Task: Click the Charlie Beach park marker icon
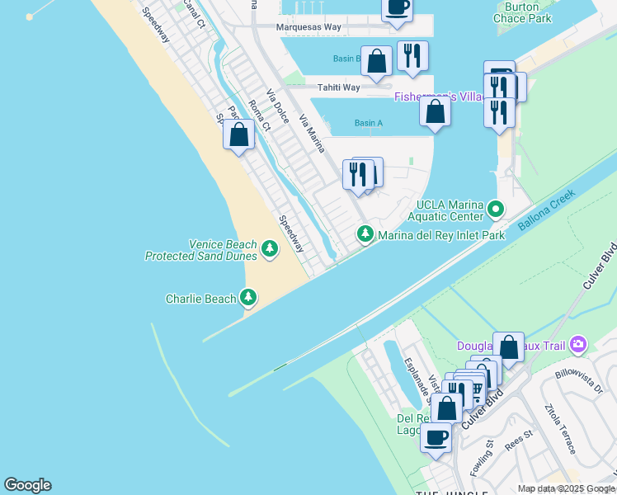tap(248, 297)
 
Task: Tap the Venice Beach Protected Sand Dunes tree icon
tap(269, 247)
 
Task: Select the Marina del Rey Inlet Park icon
tap(365, 235)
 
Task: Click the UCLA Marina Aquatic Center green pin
tap(495, 209)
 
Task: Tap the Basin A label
tap(368, 124)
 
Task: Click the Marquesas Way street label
tap(308, 27)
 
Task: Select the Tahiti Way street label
tap(338, 87)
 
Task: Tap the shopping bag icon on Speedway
tap(238, 134)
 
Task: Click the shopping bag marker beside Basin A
tap(435, 111)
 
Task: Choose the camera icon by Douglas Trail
tap(578, 343)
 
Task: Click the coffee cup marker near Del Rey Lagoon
tap(436, 436)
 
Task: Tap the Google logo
tap(27, 485)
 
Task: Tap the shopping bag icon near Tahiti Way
tap(376, 61)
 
